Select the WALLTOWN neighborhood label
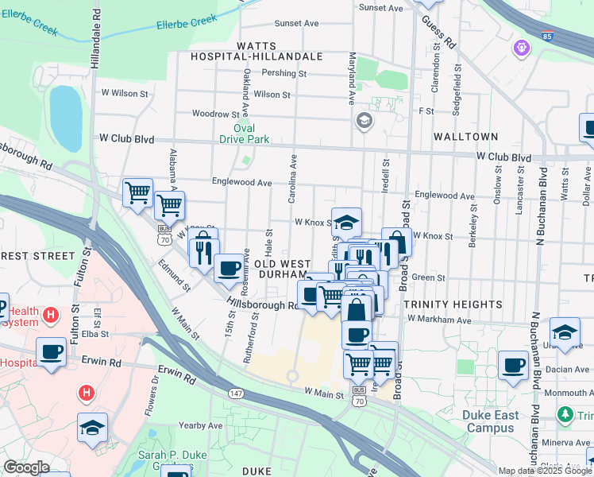(x=465, y=137)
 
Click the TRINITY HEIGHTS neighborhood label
(x=452, y=304)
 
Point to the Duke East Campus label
(x=491, y=421)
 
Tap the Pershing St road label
(x=284, y=73)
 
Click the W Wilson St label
(x=125, y=93)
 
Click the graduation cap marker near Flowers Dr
(x=92, y=429)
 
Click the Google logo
(x=27, y=468)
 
